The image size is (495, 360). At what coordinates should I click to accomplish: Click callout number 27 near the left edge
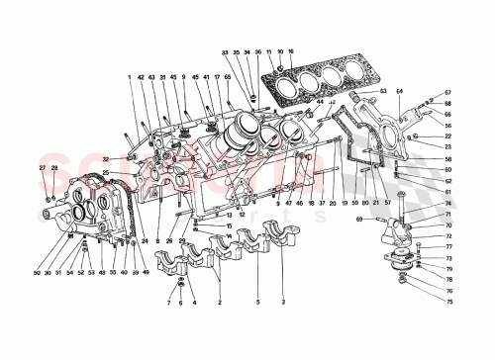42,169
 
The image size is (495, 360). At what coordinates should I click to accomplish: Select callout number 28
54,169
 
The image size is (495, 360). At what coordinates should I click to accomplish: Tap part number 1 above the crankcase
129,77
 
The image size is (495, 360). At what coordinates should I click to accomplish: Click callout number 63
380,90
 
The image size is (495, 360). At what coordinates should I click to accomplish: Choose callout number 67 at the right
446,92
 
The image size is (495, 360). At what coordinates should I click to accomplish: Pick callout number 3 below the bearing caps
285,301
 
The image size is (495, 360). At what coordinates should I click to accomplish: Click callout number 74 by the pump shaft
446,204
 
